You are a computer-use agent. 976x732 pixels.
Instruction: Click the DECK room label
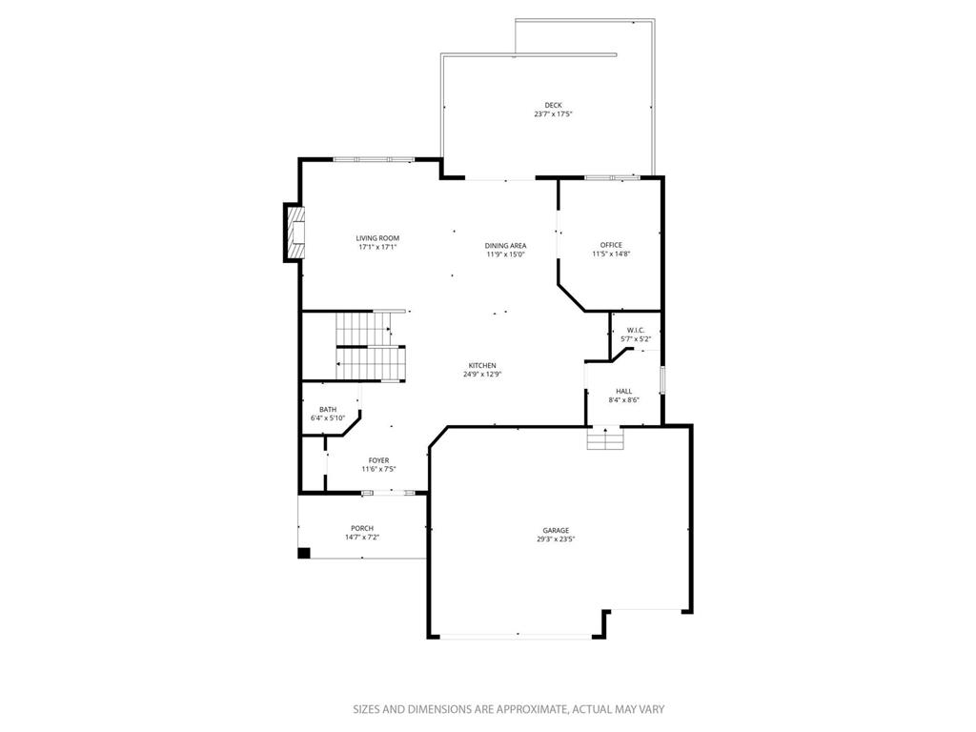coord(553,105)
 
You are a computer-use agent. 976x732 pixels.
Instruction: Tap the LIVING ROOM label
coord(377,238)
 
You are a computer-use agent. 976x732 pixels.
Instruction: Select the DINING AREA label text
coord(505,246)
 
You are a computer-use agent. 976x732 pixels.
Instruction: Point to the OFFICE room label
coord(611,245)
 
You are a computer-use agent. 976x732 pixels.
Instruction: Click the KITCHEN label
coord(482,366)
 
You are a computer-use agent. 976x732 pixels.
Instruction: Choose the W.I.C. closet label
coord(635,331)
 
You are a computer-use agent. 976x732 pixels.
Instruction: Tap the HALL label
coord(623,392)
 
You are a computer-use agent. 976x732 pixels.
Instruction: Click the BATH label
coord(328,410)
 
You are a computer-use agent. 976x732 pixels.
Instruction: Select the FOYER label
coord(378,460)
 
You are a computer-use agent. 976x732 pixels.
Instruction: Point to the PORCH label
coord(361,528)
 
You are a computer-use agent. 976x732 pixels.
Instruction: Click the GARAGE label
coord(556,531)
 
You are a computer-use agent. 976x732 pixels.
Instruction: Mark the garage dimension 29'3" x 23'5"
coord(556,539)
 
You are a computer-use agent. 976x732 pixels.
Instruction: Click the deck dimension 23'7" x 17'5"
coord(553,114)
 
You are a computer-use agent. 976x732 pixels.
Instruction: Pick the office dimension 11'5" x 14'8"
coord(611,254)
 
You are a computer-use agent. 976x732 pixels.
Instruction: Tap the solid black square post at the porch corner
coord(304,553)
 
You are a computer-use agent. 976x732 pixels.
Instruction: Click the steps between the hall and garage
coord(605,438)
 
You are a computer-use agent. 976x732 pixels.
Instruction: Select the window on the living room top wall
coord(374,160)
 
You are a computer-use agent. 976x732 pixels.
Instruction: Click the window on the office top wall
coord(612,178)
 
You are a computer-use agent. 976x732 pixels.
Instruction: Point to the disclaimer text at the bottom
coord(509,709)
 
